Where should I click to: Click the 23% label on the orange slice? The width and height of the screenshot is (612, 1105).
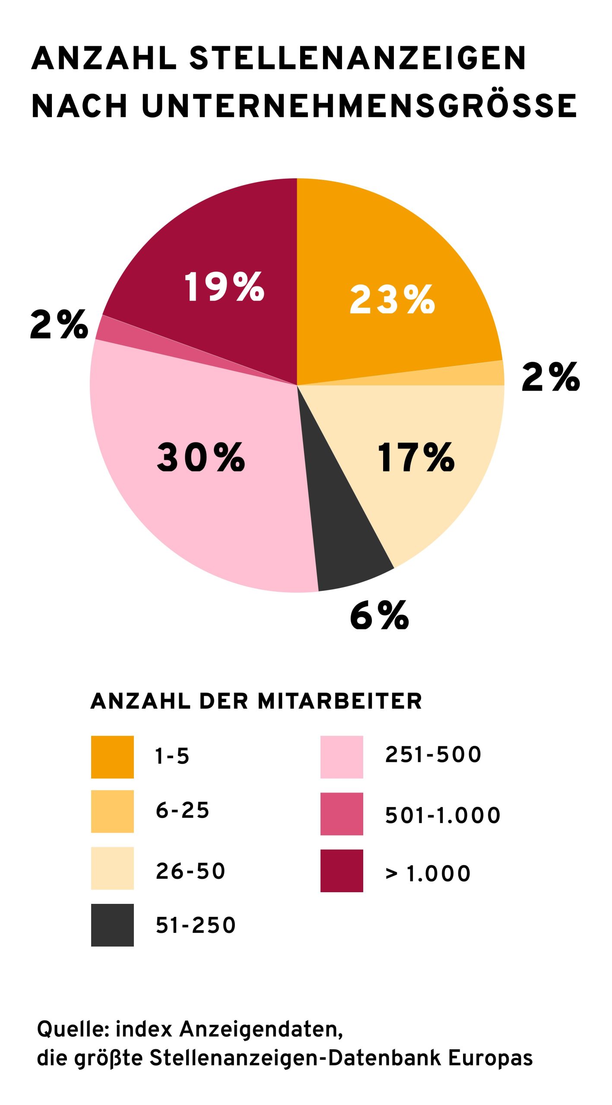[x=392, y=300]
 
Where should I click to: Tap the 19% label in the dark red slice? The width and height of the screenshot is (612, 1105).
[x=224, y=287]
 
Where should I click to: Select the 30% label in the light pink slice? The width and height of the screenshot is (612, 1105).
[x=201, y=457]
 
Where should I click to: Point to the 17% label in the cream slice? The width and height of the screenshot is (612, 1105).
[x=415, y=457]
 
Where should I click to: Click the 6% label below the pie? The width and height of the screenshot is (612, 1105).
[x=379, y=615]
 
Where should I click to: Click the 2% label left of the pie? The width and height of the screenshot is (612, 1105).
[x=59, y=325]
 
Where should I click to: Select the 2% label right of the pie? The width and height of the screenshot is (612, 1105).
[x=550, y=377]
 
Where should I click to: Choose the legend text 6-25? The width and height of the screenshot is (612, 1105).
[x=182, y=810]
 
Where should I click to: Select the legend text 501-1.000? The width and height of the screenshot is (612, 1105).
[x=442, y=815]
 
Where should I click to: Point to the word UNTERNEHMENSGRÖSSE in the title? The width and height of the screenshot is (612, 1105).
[x=359, y=106]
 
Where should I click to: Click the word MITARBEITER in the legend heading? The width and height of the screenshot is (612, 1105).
[x=339, y=701]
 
